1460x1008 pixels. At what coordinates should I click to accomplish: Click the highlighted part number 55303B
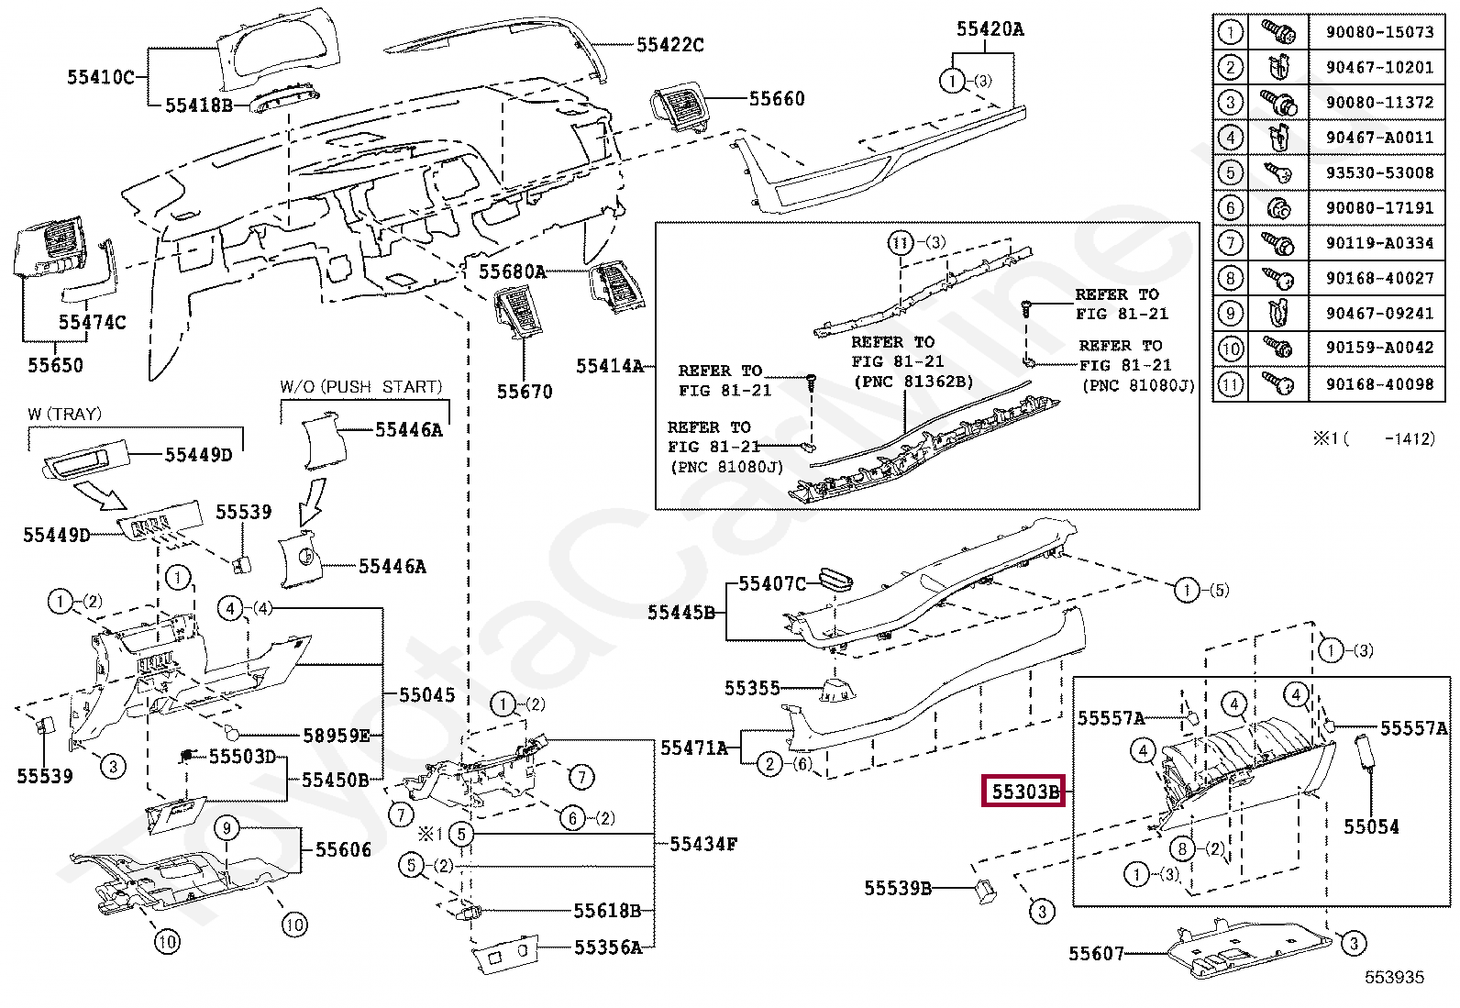pos(1023,791)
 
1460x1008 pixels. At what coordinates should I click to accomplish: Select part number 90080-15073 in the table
pos(1380,32)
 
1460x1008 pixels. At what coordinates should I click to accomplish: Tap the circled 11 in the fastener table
pos(1230,384)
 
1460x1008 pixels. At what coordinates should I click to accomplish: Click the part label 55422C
pos(670,44)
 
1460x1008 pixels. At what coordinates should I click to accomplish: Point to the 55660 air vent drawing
pos(679,106)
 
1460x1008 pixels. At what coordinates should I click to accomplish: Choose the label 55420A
pos(990,28)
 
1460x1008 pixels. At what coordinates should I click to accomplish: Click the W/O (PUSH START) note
pos(361,387)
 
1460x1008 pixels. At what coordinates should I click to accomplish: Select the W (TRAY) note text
pos(64,414)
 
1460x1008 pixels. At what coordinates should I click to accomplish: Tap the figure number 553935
pos(1394,977)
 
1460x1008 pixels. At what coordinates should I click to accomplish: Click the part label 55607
pos(1096,954)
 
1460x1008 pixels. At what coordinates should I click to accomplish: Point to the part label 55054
pos(1371,826)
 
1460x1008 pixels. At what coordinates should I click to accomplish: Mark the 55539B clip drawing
pos(985,891)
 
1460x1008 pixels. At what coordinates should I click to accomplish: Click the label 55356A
pos(608,947)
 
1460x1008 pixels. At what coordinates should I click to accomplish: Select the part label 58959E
pos(337,736)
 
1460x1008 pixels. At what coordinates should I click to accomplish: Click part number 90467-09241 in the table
pos(1380,314)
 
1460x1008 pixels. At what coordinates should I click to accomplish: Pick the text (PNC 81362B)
pos(913,382)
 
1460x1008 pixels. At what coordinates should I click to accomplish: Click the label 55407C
pos(772,583)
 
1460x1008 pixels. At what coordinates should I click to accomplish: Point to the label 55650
pos(55,365)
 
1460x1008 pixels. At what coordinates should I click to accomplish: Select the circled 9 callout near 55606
pos(227,828)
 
